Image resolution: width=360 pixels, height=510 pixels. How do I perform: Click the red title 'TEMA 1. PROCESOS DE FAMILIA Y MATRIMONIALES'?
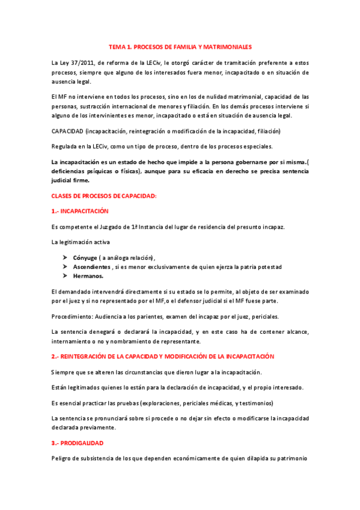180,46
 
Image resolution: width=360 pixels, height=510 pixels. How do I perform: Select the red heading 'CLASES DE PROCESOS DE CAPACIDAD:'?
104,195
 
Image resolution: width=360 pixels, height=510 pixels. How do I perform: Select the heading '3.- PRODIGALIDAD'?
78,443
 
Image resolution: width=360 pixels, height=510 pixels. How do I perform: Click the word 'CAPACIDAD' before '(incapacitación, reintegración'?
67,131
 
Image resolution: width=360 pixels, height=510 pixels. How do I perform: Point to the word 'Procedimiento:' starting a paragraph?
71,316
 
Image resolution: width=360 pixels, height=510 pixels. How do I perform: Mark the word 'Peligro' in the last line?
62,458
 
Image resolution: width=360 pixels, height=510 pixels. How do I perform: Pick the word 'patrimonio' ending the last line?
293,458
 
